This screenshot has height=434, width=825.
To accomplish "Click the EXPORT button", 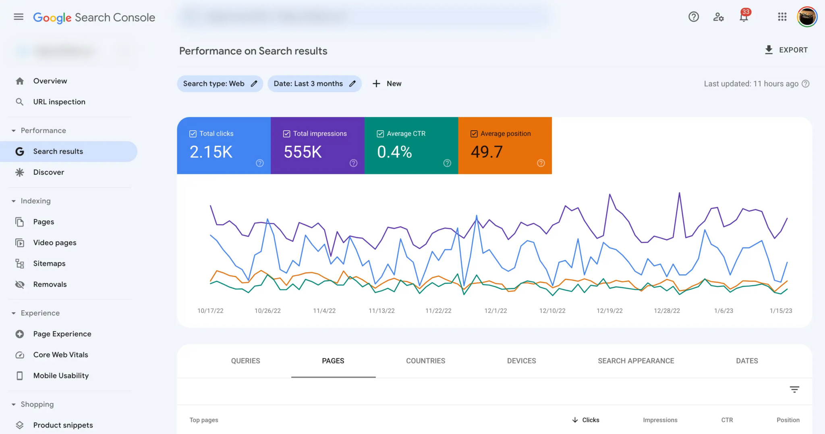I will click(x=786, y=50).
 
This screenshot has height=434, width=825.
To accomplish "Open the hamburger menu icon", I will click(x=19, y=17).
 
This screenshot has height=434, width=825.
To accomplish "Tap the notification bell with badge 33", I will click(x=744, y=17).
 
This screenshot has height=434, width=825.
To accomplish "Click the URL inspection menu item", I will click(x=59, y=102).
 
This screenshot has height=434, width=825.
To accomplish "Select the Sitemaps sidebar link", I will click(x=49, y=264).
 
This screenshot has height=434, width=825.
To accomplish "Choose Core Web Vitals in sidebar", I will click(x=60, y=355).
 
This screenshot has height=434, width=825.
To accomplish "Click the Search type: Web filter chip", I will click(x=220, y=84).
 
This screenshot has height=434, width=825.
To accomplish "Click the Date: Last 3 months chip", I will click(x=314, y=84).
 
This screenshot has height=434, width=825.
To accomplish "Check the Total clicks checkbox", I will click(x=193, y=134).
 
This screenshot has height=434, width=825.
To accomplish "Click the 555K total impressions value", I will click(x=303, y=152).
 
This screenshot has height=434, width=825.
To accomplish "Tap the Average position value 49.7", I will click(x=487, y=152).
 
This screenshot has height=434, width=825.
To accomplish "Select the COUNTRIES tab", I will click(x=425, y=361).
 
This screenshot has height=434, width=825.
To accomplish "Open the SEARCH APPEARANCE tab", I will click(x=636, y=361).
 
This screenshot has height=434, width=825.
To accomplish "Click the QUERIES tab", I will click(x=245, y=361).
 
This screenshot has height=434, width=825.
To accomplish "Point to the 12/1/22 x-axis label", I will click(x=495, y=311).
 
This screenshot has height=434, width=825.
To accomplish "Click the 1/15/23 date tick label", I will click(x=781, y=311).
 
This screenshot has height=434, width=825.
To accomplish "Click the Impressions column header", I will click(x=660, y=420).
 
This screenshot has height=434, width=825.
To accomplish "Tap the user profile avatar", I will click(x=807, y=17).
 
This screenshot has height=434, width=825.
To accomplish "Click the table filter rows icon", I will click(x=794, y=390).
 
